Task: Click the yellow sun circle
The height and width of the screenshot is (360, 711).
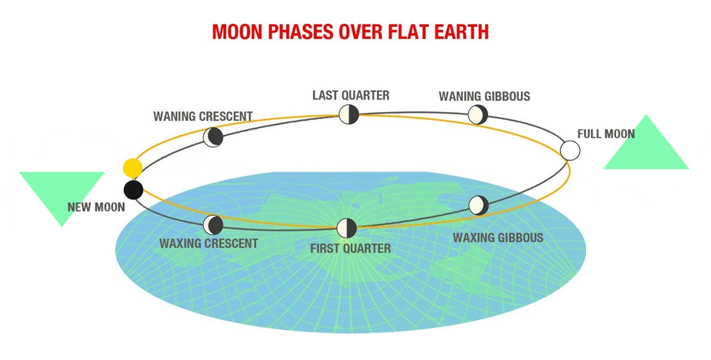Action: tap(133, 167)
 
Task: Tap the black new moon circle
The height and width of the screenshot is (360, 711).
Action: tap(134, 189)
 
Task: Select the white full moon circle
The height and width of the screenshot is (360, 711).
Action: tap(570, 151)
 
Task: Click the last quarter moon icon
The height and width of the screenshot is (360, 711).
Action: tap(348, 114)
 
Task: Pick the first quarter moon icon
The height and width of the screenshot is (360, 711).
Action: tap(347, 228)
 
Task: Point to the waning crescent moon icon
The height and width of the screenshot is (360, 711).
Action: tap(213, 137)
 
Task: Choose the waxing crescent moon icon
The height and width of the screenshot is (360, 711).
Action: tap(213, 225)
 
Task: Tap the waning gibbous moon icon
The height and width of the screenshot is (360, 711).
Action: tap(477, 114)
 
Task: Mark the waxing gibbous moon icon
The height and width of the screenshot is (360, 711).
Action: tap(479, 205)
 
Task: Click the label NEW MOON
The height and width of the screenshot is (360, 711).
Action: tap(96, 207)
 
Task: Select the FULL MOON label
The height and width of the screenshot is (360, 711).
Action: tap(606, 133)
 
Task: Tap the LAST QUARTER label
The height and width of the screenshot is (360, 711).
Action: tap(351, 96)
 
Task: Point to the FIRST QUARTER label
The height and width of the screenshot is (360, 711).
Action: tap(351, 249)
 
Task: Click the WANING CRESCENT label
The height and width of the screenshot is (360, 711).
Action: tap(203, 116)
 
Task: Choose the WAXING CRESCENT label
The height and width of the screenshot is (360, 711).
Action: tap(209, 243)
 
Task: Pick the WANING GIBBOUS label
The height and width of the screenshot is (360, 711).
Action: tap(484, 96)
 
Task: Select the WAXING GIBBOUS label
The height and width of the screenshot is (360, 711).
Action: tap(498, 238)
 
